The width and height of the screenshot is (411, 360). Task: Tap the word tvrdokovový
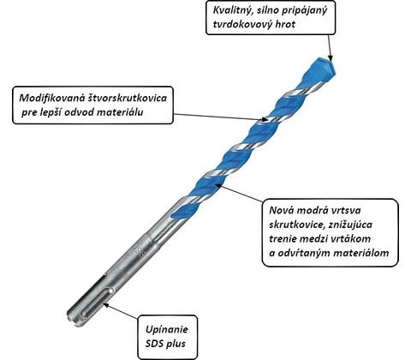tap(241, 24)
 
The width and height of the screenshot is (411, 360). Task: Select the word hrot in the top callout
tap(285, 24)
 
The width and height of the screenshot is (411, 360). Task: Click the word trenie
tap(283, 238)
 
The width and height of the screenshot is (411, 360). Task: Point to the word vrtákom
tap(351, 238)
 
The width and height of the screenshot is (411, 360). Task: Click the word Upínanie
tap(167, 329)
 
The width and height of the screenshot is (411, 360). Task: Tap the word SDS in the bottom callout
tap(154, 343)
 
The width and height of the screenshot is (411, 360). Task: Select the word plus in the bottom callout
tap(176, 344)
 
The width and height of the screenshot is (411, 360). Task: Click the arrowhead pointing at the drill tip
tap(331, 57)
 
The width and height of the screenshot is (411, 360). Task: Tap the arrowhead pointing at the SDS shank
tap(106, 306)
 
